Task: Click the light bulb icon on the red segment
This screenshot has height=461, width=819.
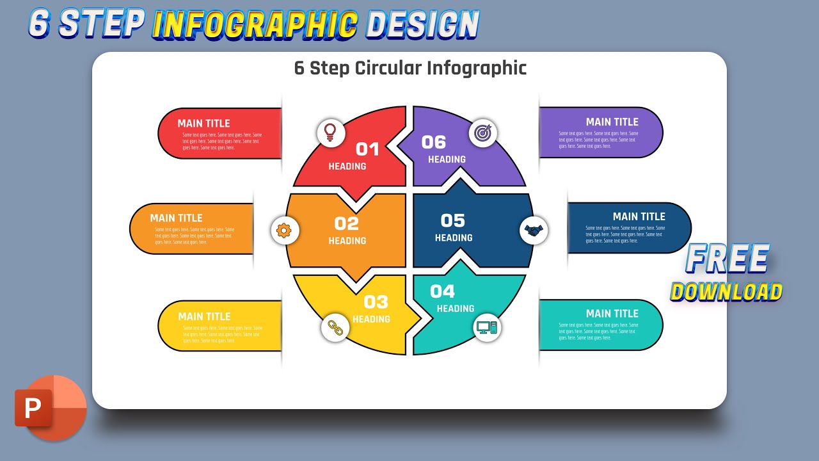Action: (330, 132)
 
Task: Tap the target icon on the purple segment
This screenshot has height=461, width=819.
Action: (483, 133)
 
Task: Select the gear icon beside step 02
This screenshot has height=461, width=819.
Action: (285, 230)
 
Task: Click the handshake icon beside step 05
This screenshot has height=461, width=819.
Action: (534, 230)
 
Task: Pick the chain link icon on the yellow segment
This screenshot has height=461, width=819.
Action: (335, 327)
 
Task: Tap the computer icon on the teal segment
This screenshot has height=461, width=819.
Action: (487, 328)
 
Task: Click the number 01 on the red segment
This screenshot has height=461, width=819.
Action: (368, 149)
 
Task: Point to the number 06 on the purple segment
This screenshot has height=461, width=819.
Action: (434, 142)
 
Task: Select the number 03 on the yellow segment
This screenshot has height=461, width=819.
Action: (376, 302)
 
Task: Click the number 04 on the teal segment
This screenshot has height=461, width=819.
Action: (443, 292)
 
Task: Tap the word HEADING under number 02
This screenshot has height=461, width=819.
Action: (347, 241)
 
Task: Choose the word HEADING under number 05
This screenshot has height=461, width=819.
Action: (454, 238)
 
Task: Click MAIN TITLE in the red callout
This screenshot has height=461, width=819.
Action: (203, 124)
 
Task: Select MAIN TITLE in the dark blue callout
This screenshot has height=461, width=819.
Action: (639, 216)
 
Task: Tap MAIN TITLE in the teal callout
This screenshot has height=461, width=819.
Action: (612, 313)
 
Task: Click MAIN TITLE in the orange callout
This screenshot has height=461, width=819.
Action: (176, 218)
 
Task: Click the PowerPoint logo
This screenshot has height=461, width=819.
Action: (49, 408)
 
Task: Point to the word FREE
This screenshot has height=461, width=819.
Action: (728, 259)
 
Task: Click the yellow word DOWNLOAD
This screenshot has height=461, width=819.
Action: (726, 292)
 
